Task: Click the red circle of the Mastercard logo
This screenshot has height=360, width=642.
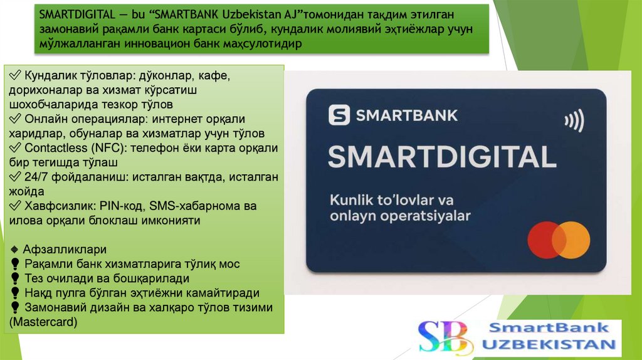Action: (546, 240)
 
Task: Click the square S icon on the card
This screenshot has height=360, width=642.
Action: (339, 115)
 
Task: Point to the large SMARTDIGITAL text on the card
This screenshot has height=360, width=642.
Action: (442, 157)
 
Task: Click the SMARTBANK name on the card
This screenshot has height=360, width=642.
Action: (406, 115)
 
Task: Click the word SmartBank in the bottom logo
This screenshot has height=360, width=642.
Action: (549, 327)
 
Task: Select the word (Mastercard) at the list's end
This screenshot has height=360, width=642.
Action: (43, 322)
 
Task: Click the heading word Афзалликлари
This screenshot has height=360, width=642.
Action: (65, 250)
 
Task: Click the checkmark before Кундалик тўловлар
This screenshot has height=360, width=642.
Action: (15, 76)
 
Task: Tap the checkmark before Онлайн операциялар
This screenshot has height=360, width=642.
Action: (15, 119)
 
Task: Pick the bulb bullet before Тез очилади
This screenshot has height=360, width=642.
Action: (15, 278)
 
